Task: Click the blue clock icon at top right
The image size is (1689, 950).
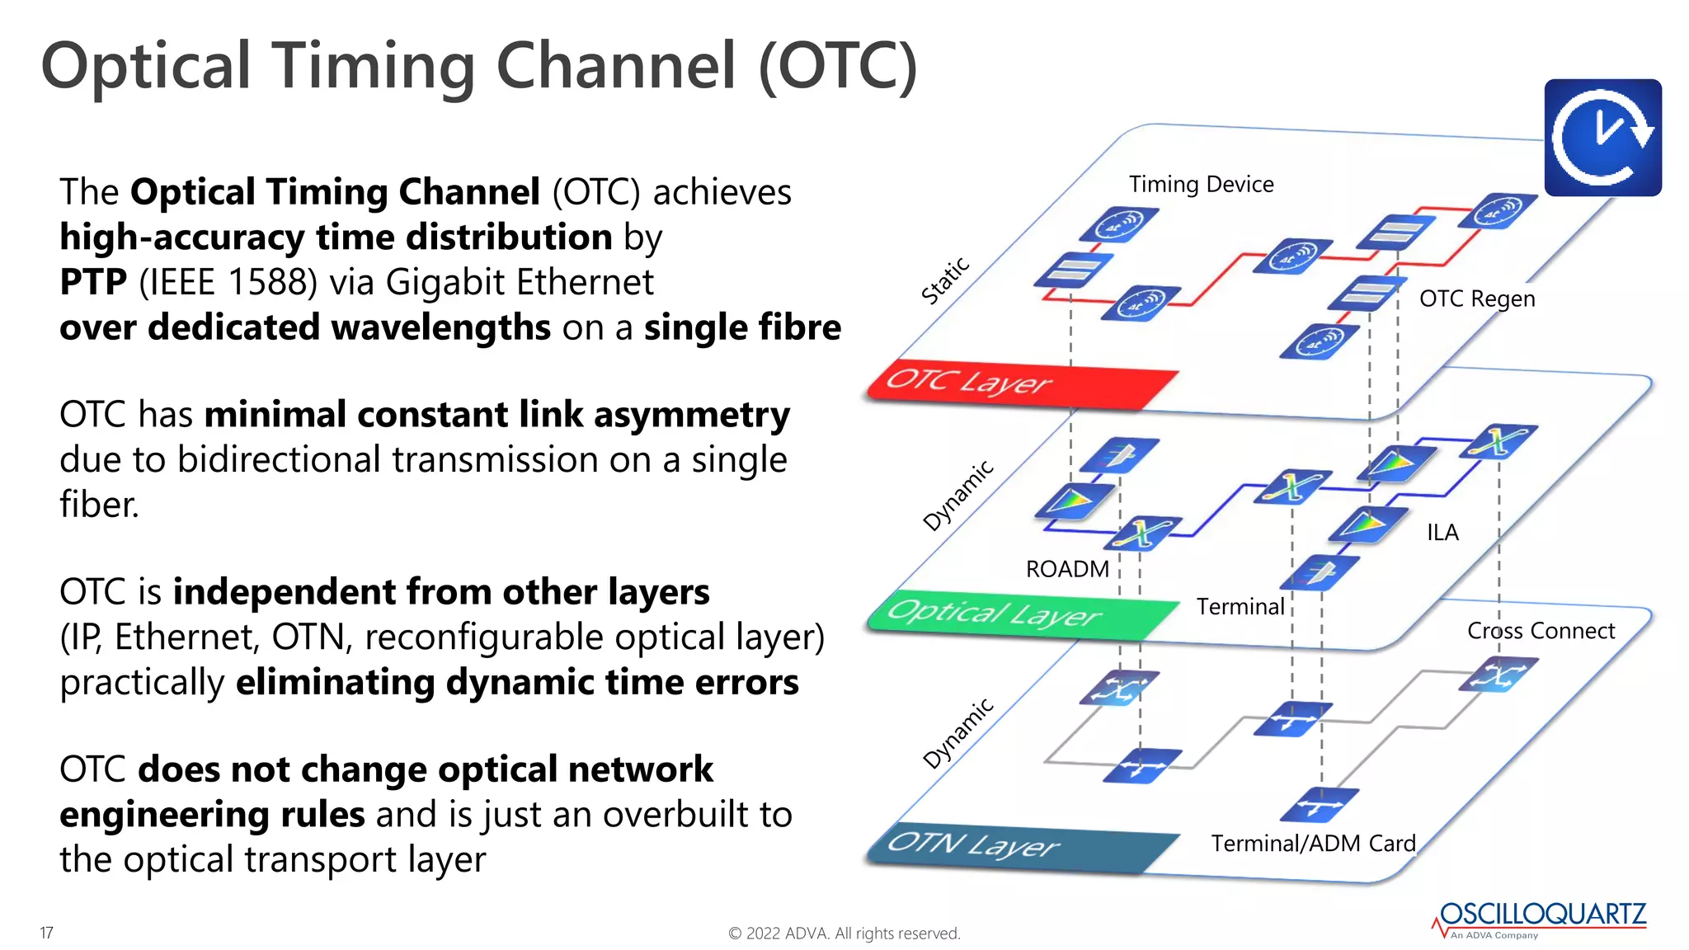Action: pyautogui.click(x=1602, y=138)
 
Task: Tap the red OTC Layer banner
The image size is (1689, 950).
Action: pyautogui.click(x=1021, y=384)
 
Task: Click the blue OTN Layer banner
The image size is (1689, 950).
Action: pyautogui.click(x=1021, y=846)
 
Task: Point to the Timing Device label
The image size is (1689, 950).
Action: pyautogui.click(x=1201, y=184)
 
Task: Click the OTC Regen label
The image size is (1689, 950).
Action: pyautogui.click(x=1477, y=299)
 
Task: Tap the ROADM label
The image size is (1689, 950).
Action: pyautogui.click(x=1067, y=569)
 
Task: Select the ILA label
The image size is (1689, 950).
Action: pyautogui.click(x=1442, y=533)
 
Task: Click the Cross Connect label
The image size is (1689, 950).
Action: pyautogui.click(x=1541, y=631)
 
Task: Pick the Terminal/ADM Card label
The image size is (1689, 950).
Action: pyautogui.click(x=1313, y=844)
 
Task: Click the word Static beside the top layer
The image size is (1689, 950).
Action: pyautogui.click(x=945, y=281)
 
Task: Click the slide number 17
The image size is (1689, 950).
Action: pyautogui.click(x=46, y=933)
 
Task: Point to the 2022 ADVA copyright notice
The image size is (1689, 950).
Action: pyautogui.click(x=844, y=934)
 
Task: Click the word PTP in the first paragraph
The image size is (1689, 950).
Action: pyautogui.click(x=93, y=282)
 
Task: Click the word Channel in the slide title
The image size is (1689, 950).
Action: pyautogui.click(x=615, y=66)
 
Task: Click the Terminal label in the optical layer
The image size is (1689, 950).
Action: pyautogui.click(x=1240, y=607)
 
